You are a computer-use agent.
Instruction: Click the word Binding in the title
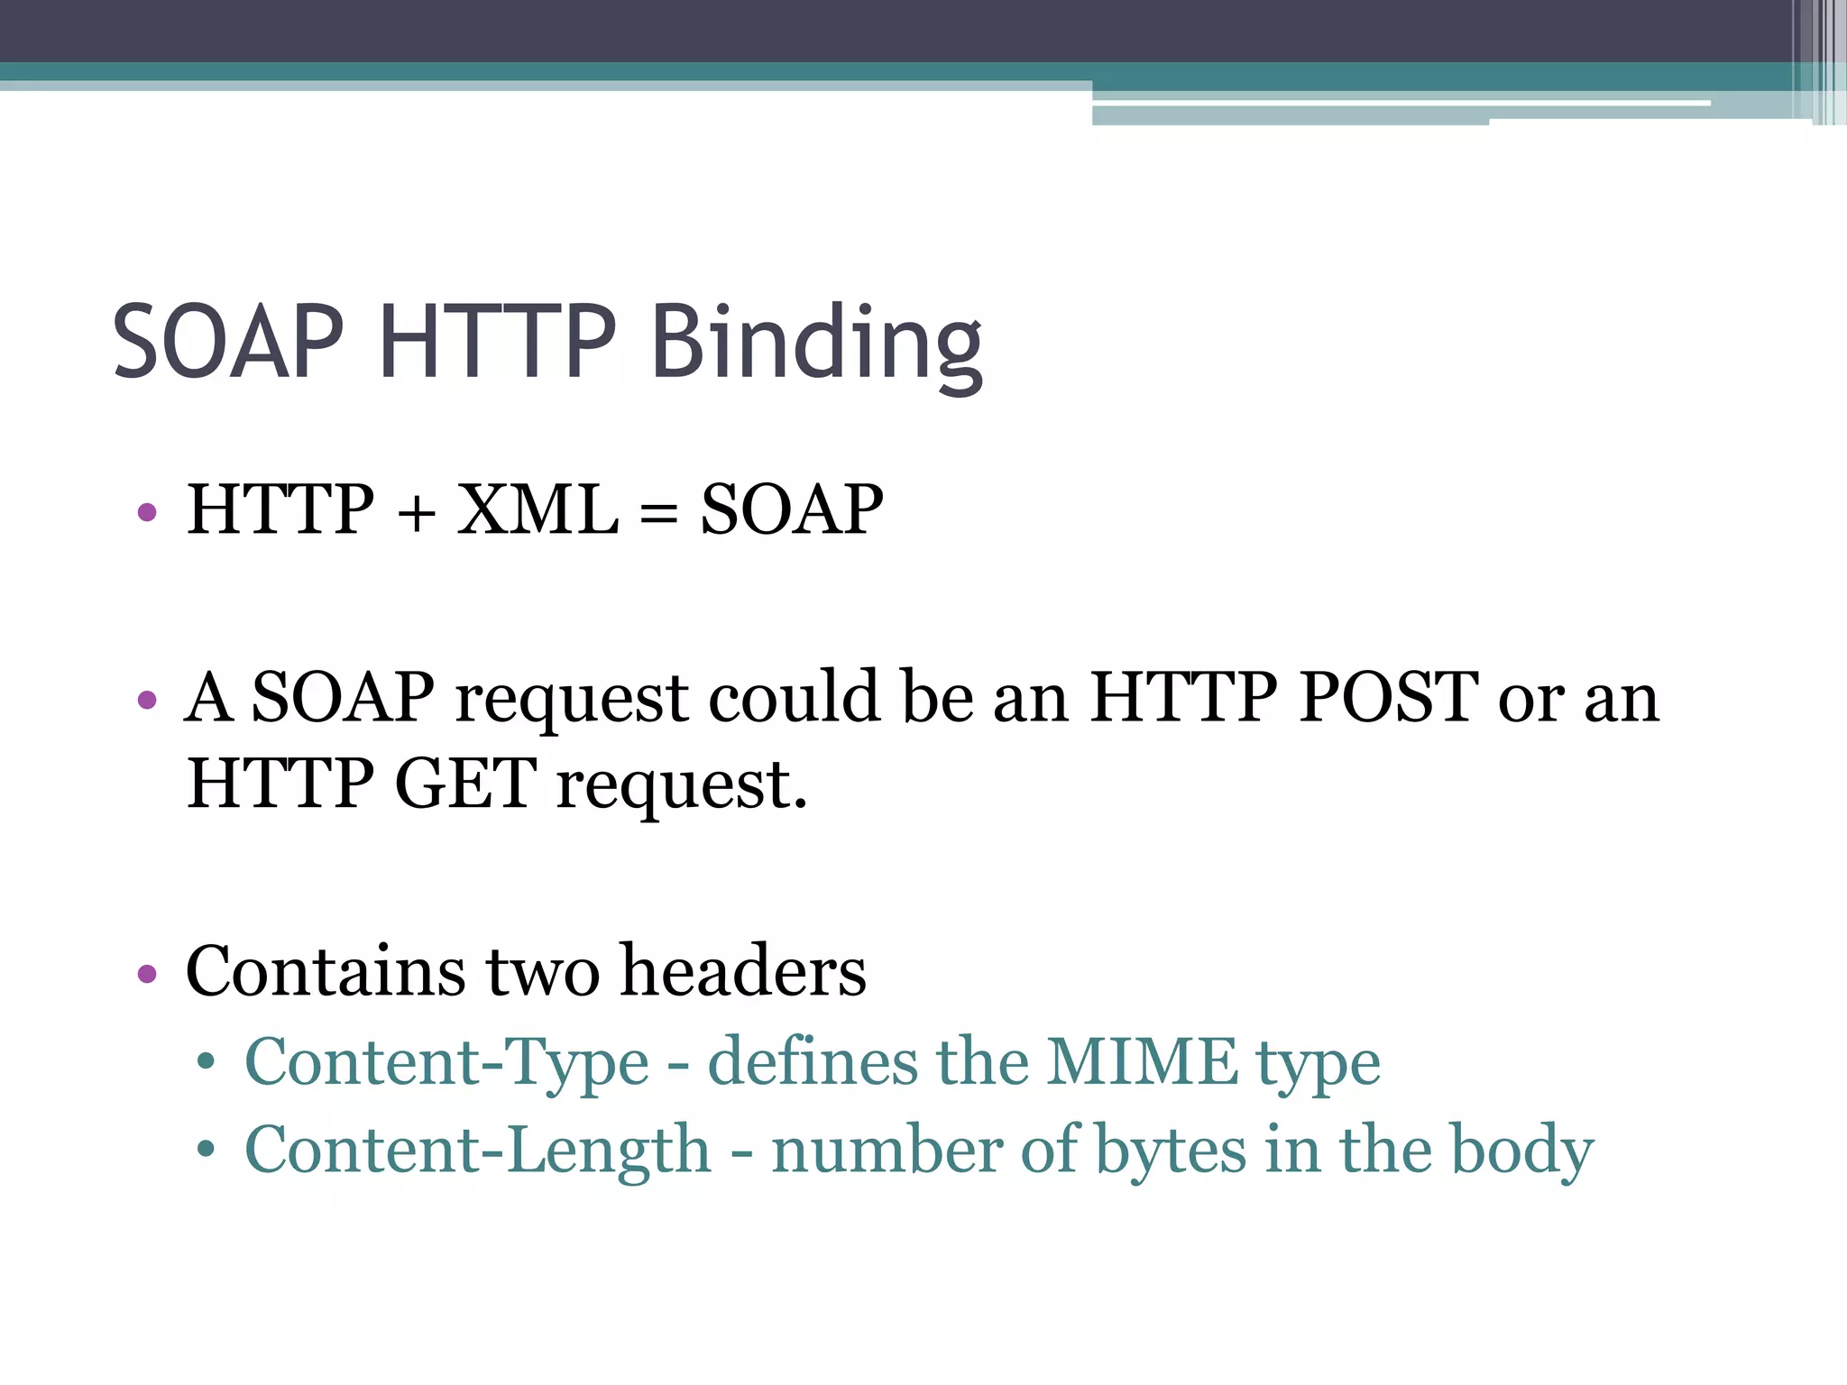pos(816,343)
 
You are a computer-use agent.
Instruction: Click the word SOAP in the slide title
pos(228,343)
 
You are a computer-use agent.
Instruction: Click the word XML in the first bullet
pos(538,510)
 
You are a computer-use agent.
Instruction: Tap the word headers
pos(743,971)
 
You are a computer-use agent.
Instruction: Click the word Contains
pos(326,971)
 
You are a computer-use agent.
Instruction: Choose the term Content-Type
pos(446,1063)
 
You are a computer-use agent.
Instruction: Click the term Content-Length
pos(478,1151)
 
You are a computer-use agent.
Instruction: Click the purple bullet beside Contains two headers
pos(147,974)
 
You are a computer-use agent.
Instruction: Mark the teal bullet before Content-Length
pos(207,1150)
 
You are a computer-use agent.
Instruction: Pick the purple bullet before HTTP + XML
pos(147,513)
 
